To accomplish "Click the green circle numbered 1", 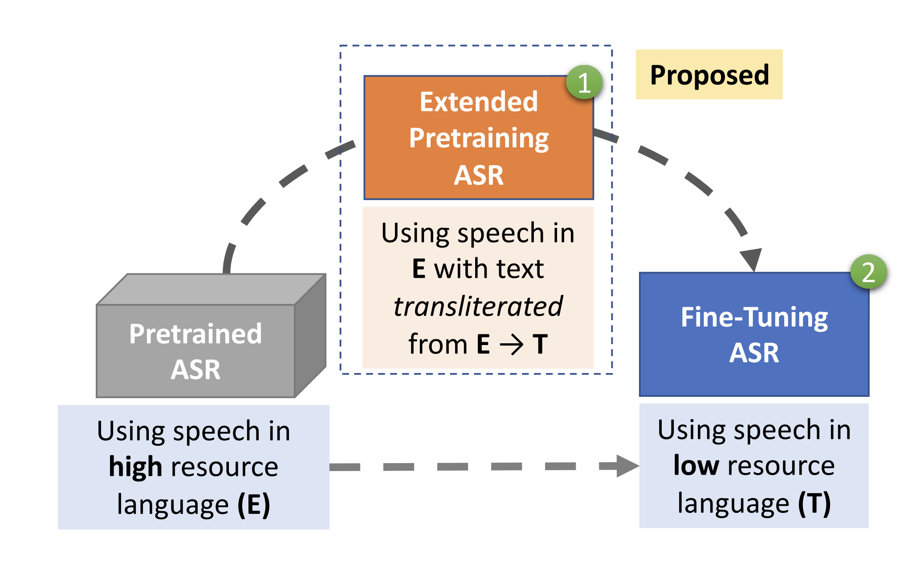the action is [x=584, y=83].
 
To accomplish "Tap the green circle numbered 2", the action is [x=868, y=272].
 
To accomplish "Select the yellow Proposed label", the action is [x=709, y=74].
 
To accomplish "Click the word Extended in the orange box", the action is [x=479, y=102].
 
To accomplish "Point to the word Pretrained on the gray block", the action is [x=195, y=333].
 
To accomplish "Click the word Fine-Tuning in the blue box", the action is [x=754, y=318].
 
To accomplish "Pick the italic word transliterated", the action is [x=478, y=306].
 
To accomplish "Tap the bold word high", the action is [x=135, y=467].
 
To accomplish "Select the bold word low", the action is [x=696, y=465].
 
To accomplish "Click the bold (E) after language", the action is [x=254, y=504].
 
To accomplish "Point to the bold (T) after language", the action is [x=814, y=503].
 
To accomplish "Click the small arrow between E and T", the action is [x=511, y=345].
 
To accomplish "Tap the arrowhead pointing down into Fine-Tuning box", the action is [x=751, y=260].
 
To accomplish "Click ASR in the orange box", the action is [x=479, y=175].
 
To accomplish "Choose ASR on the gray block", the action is [x=195, y=370].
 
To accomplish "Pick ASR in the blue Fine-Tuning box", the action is [x=754, y=353].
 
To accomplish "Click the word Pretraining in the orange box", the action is [x=479, y=138].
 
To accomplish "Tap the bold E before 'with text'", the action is [x=419, y=268].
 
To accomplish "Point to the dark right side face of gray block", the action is [x=310, y=335].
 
